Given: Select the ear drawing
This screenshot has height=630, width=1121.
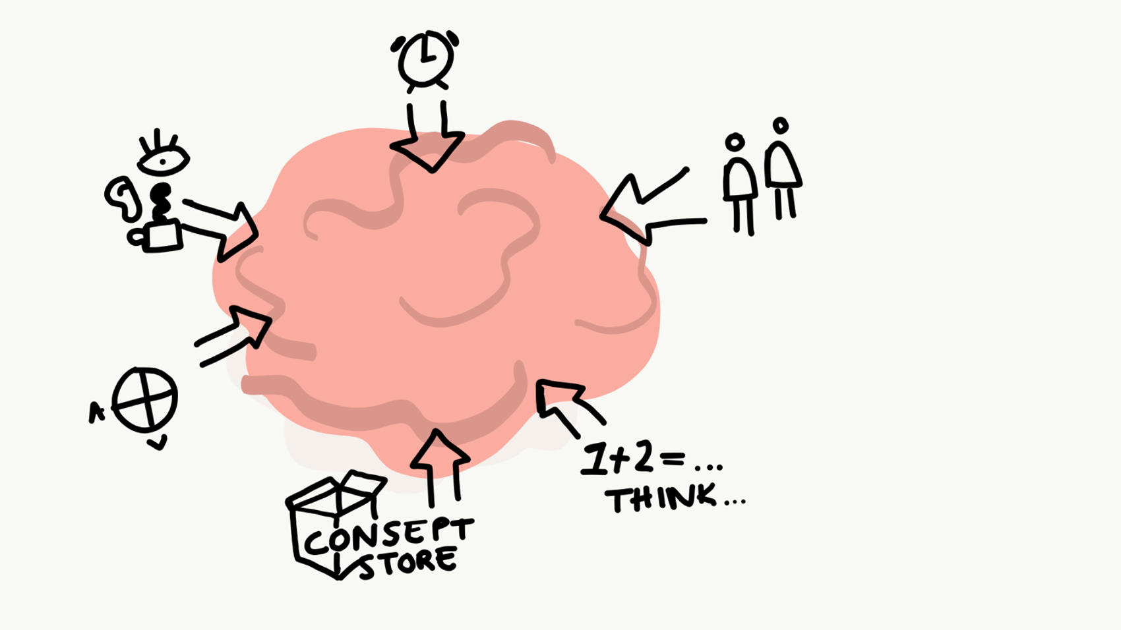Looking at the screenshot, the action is tap(123, 197).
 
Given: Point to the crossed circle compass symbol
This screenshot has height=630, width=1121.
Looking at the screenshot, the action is tap(145, 399).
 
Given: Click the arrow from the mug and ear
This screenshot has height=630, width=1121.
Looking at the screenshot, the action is tap(224, 227).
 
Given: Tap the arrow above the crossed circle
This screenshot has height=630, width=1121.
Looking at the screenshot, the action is tap(237, 333).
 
